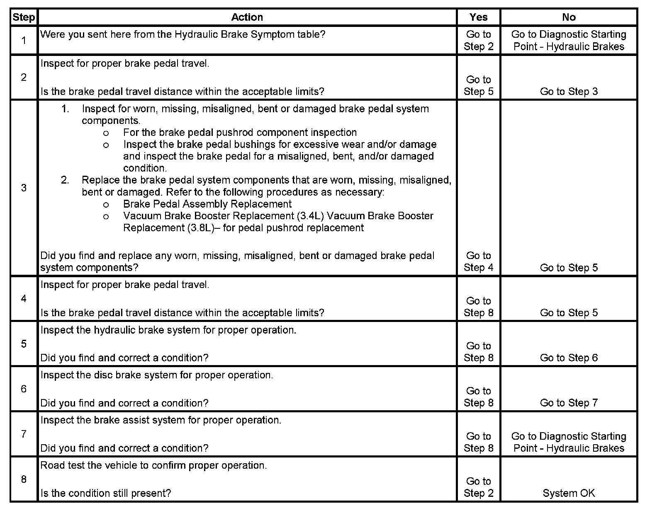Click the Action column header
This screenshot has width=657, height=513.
click(x=247, y=17)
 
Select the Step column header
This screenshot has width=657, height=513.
click(x=24, y=17)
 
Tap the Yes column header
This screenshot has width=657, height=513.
click(x=478, y=17)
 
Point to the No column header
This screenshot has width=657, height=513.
click(x=569, y=17)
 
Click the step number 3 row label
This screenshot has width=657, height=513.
click(x=24, y=188)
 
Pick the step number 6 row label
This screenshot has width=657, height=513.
click(x=24, y=389)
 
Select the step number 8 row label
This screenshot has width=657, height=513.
click(x=24, y=479)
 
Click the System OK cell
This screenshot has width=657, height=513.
click(x=569, y=493)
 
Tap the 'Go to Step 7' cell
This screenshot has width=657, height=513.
click(x=569, y=403)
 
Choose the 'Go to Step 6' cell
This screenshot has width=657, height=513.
click(x=569, y=358)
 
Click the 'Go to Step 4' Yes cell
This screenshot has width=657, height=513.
click(x=478, y=261)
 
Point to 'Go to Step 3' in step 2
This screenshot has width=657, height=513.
click(x=569, y=92)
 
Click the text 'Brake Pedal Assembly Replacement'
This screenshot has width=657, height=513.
click(x=207, y=204)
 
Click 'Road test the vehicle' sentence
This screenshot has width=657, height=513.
click(x=153, y=465)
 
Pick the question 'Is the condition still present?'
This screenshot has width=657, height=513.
click(x=106, y=493)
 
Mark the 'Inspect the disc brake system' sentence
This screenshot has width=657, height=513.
click(x=157, y=375)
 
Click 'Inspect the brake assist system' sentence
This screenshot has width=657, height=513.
click(x=161, y=420)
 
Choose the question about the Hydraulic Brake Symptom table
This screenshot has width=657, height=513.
click(x=183, y=34)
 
